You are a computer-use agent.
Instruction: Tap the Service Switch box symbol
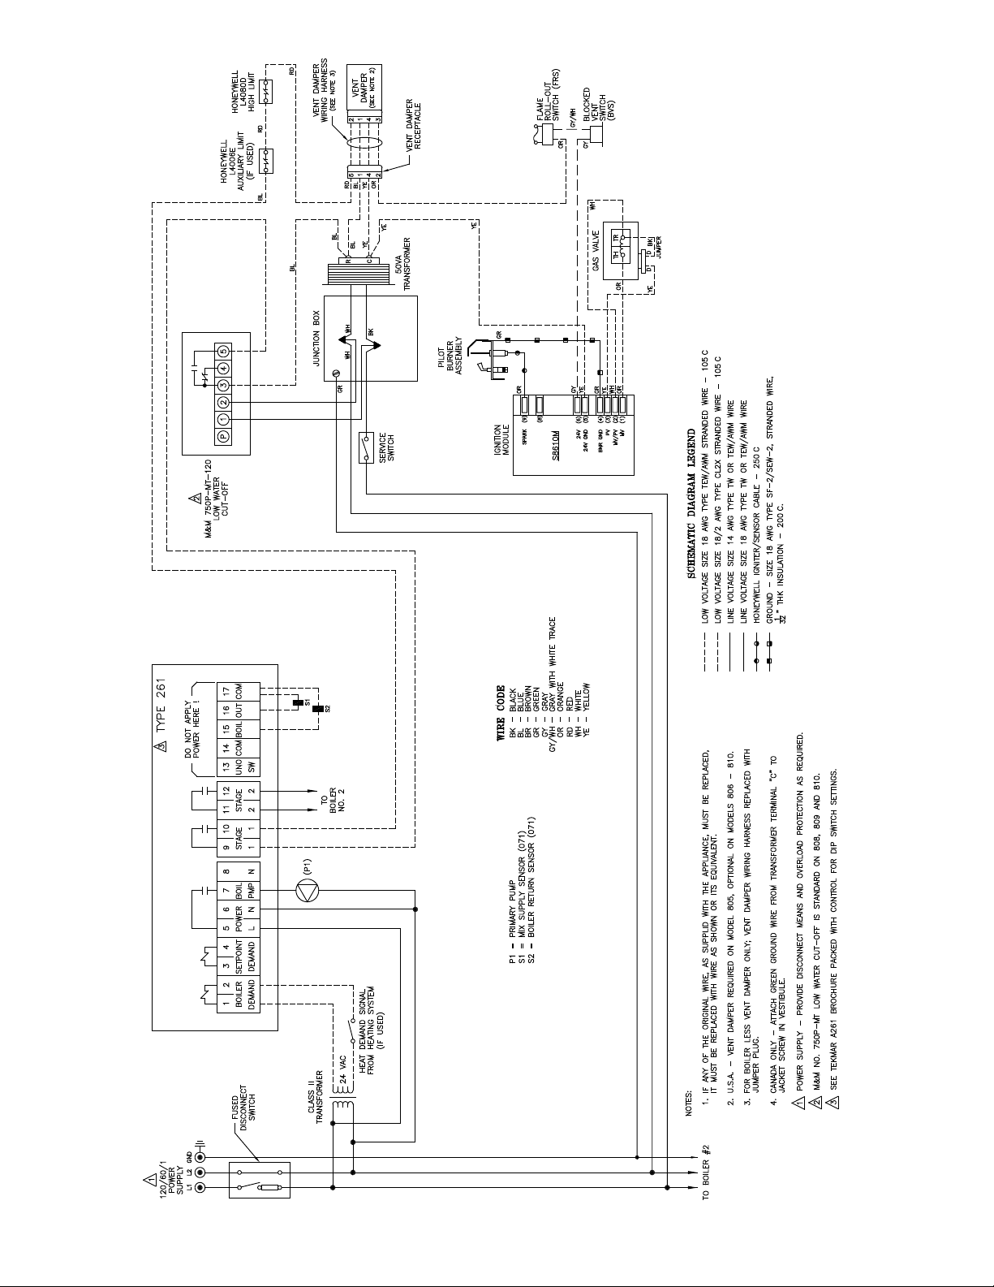tap(366, 447)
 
